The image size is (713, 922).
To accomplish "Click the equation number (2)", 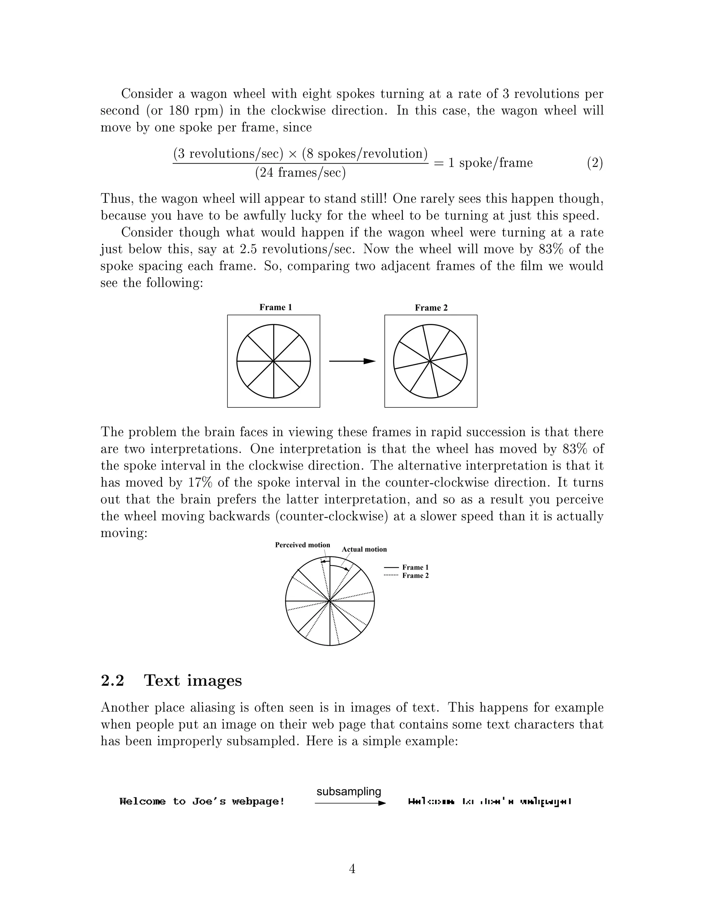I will pos(595,163).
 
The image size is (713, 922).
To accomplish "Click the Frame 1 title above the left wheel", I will pos(275,307).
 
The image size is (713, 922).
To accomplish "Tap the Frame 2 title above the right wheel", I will pos(431,308).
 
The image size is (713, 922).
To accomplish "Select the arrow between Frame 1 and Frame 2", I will pos(352,361).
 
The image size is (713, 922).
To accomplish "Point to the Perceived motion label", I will pos(303,545).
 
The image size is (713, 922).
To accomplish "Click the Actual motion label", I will pos(364,549).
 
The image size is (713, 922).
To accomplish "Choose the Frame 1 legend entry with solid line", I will pos(406,567).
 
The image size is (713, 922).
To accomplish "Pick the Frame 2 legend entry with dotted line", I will pos(406,575).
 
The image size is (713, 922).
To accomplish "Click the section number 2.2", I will pos(112,681).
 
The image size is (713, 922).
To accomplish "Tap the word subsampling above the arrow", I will pos(349,792).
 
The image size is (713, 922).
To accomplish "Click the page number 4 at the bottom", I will pos(352,869).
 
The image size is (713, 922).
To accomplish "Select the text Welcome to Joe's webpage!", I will pos(202,801).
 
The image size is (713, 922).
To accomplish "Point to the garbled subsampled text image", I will pos(489,801).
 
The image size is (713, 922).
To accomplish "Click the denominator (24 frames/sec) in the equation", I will pos(300,173).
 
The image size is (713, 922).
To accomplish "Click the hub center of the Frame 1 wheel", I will pos(274,361).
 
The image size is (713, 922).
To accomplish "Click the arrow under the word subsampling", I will pos(350,803).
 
